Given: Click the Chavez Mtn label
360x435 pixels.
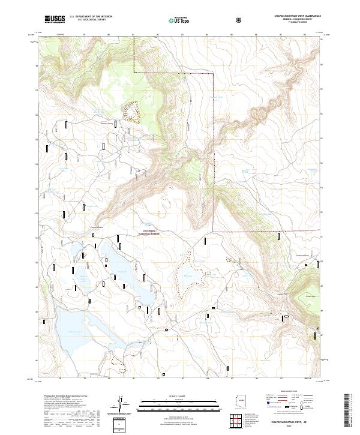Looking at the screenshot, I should click(310, 296).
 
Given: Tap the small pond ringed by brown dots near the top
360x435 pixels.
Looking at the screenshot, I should click(130, 111).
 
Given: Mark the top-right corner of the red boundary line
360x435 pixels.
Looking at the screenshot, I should click(214, 73).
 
